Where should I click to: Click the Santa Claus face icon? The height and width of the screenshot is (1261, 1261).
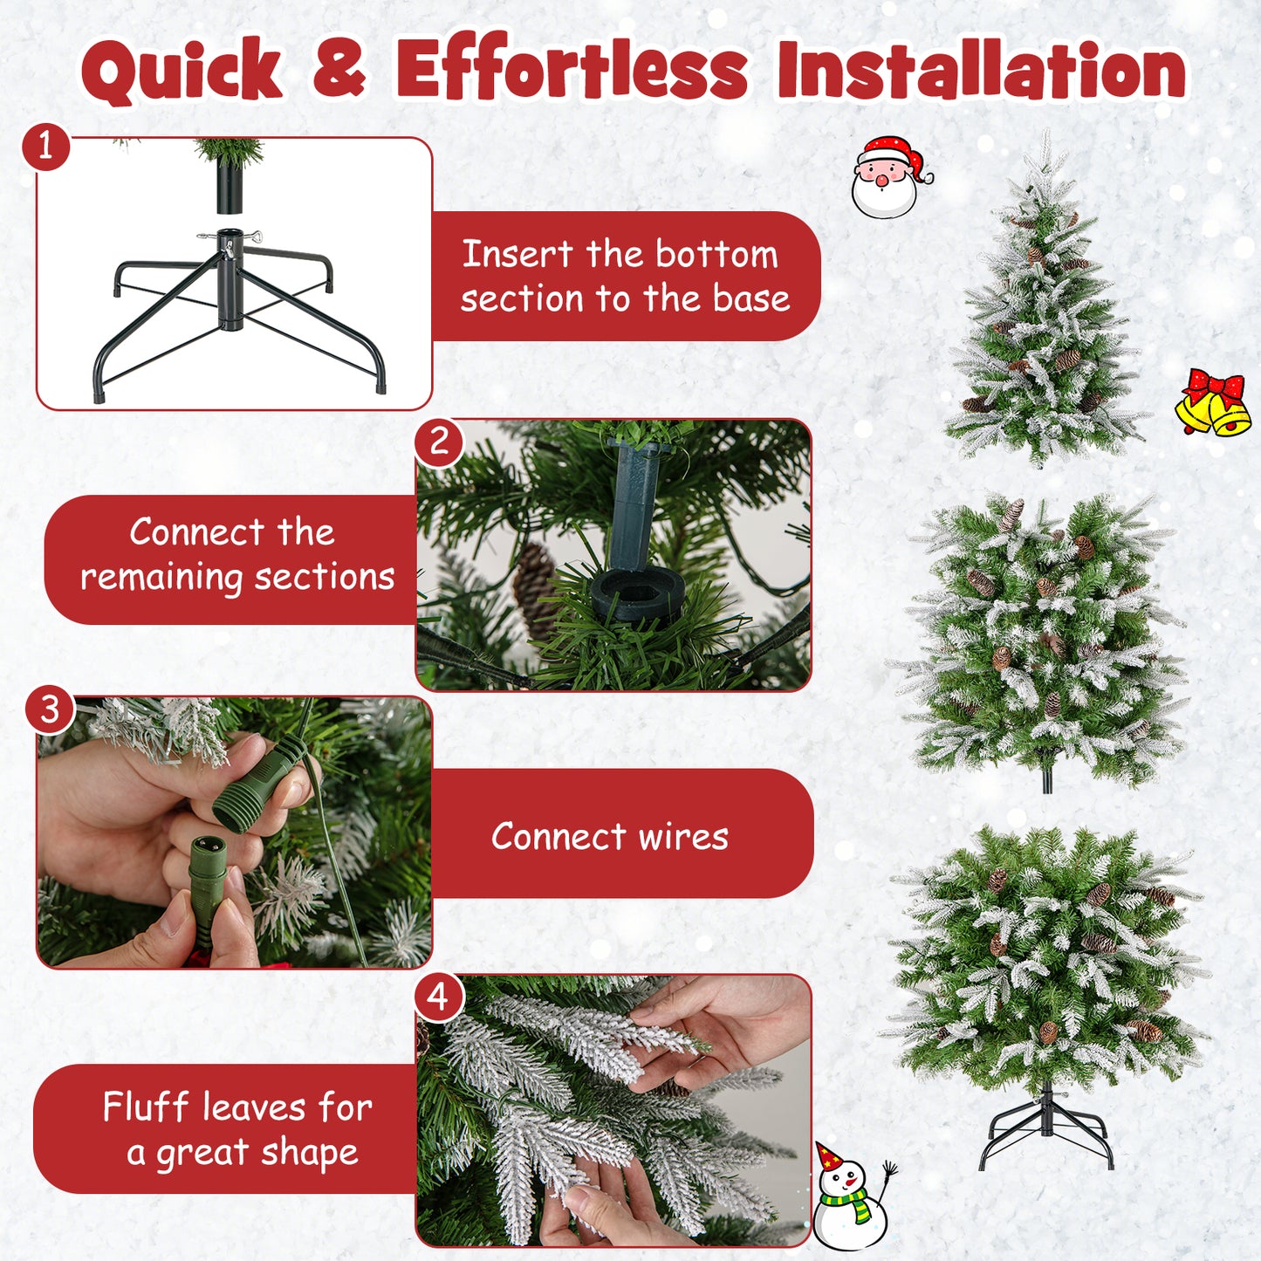coord(888,178)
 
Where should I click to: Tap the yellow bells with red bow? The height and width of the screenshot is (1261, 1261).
coord(1213,403)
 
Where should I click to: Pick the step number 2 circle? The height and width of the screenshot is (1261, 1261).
coord(439,442)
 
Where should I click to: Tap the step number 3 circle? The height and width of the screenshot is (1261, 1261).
coord(51,709)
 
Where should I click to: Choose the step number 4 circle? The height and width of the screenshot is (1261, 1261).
coord(439,997)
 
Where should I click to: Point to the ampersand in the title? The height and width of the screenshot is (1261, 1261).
coord(339,70)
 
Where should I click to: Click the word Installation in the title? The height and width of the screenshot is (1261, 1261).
coord(981,70)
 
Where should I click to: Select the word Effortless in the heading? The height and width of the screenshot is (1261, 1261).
coord(572,70)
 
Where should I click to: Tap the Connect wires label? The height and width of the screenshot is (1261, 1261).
coord(609,836)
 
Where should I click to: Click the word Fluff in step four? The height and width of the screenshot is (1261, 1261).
coord(146,1107)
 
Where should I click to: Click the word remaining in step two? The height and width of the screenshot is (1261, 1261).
coord(161,578)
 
